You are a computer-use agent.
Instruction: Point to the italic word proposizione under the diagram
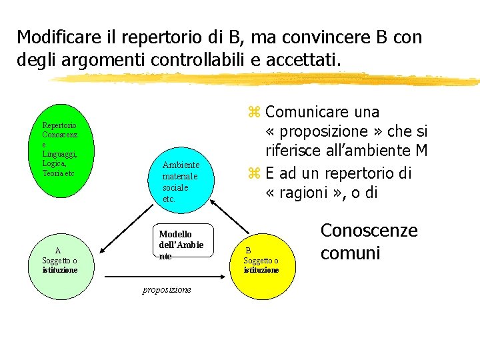[x=167, y=289]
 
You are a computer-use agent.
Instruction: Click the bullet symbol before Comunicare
[x=253, y=112]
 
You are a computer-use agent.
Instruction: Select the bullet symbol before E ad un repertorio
[x=253, y=174]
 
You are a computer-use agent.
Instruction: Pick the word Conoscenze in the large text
[x=369, y=231]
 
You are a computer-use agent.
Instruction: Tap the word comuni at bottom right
[x=350, y=253]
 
